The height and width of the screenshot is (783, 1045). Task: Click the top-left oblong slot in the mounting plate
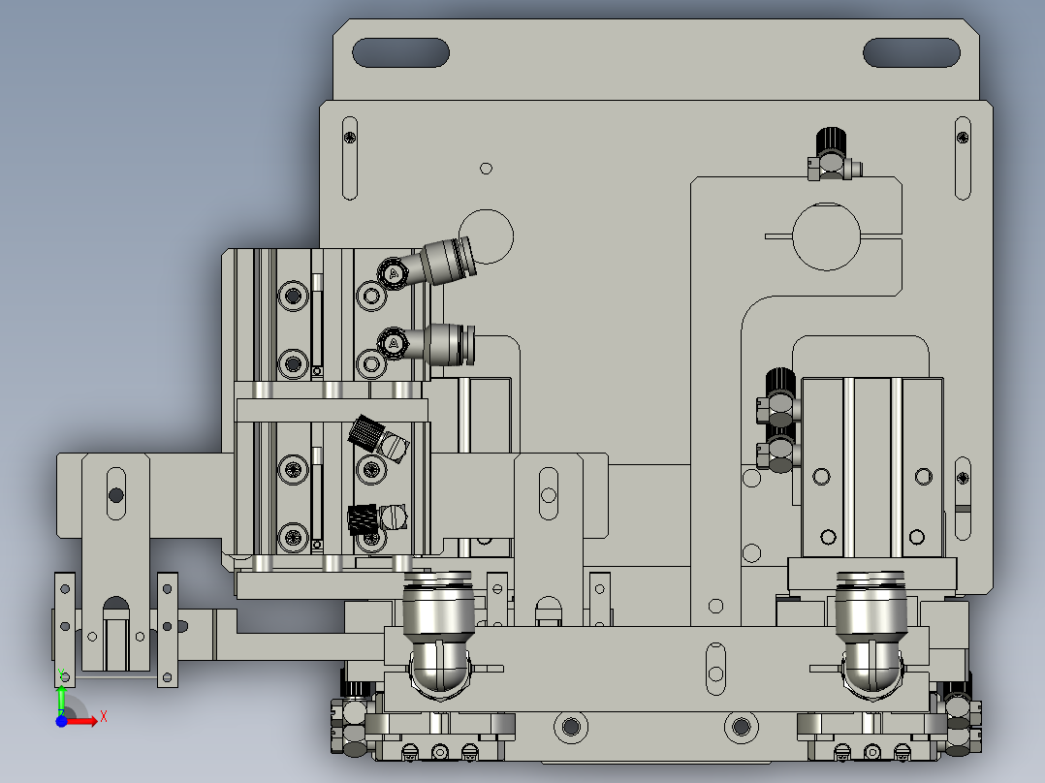400,52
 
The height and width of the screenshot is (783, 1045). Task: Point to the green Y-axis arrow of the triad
61,696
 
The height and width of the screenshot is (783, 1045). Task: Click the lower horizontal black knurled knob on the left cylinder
363,519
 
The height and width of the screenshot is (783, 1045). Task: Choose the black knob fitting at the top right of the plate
830,146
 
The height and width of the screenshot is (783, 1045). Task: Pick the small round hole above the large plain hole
487,168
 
